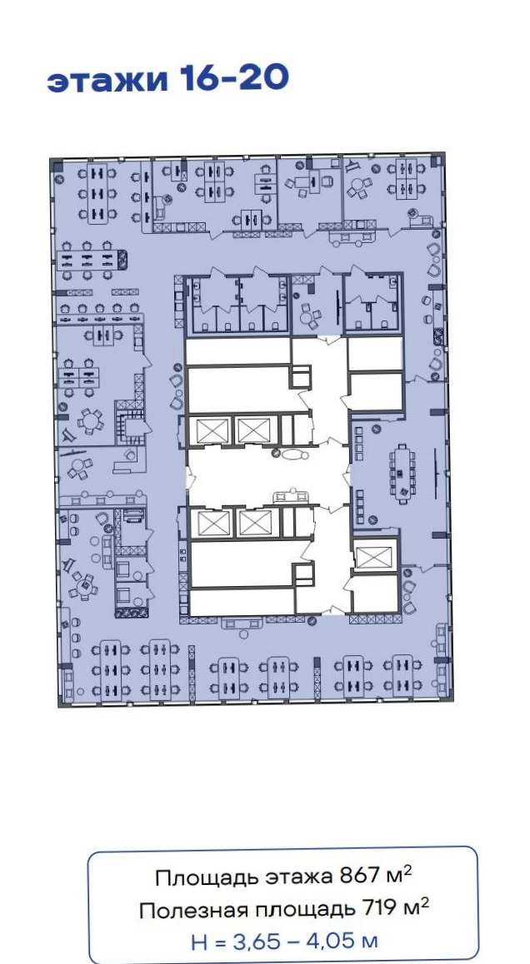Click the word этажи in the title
(108, 81)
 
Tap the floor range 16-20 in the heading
(234, 78)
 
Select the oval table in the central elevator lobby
(293, 455)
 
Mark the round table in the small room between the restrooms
(307, 318)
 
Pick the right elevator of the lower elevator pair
(253, 524)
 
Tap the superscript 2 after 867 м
(407, 871)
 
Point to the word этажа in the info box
(300, 879)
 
